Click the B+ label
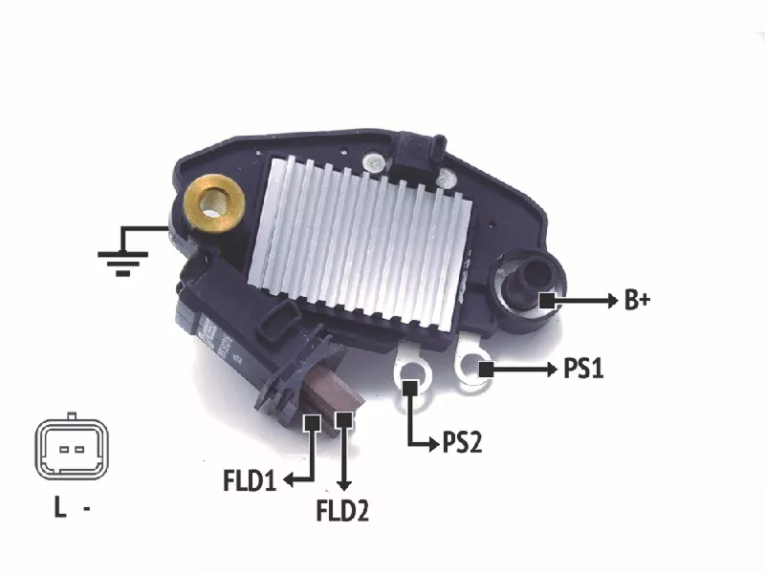[637, 300]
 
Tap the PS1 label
[583, 369]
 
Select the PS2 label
[462, 442]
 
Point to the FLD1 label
[250, 480]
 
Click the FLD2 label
[342, 511]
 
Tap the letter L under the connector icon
[60, 507]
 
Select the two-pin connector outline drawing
[71, 446]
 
